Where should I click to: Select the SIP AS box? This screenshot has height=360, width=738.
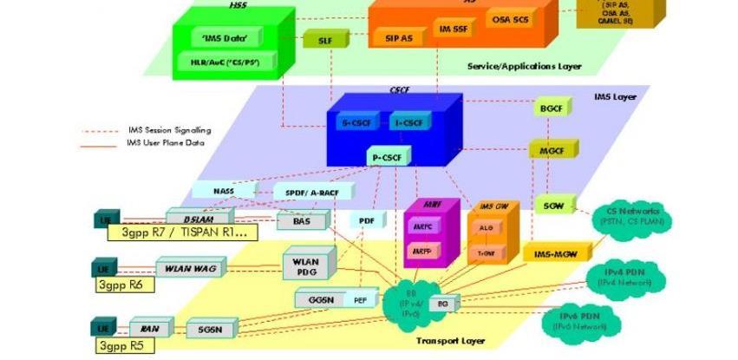point(399,38)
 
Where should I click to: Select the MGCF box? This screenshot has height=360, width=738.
point(547,151)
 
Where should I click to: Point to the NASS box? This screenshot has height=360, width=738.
point(224,190)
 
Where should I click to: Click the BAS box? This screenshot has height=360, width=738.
point(295,221)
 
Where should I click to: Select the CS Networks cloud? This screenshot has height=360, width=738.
point(629,216)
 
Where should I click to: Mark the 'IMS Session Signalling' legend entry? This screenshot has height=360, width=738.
point(168,130)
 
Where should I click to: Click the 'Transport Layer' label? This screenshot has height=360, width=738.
point(450,341)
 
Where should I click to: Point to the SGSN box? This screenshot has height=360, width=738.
point(211,330)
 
